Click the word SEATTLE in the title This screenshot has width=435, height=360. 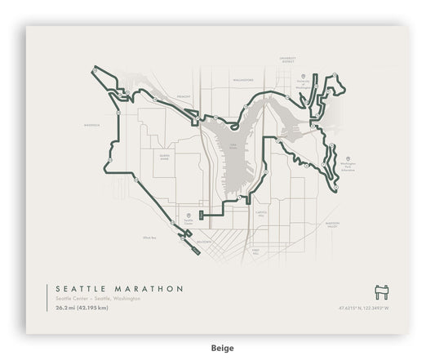pyautogui.click(x=81, y=288)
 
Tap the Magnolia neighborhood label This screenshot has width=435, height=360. pyautogui.click(x=91, y=126)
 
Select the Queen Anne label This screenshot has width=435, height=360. pyautogui.click(x=165, y=156)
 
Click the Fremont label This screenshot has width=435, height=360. pyautogui.click(x=184, y=96)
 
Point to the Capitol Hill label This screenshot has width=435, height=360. pyautogui.click(x=262, y=212)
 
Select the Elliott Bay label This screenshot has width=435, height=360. pyautogui.click(x=149, y=238)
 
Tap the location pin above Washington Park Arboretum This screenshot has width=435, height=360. pyautogui.click(x=348, y=159)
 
